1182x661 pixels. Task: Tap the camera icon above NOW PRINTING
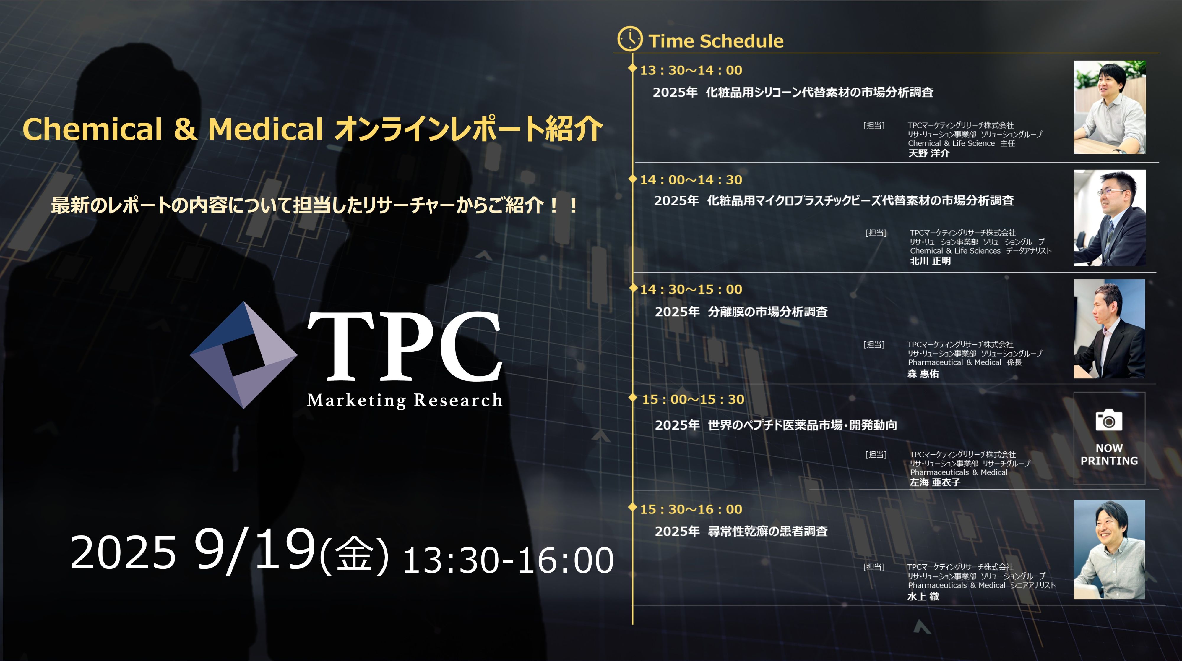point(1109,420)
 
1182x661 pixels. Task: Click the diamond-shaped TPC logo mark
point(244,355)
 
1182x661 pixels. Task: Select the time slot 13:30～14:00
point(691,70)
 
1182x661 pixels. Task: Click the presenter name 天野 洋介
point(929,153)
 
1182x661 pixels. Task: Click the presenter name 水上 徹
point(923,596)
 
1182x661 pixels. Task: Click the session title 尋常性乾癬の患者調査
point(768,532)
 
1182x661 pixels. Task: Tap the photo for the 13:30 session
point(1110,107)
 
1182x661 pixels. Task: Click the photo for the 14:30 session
point(1109,329)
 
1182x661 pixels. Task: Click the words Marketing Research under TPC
point(405,400)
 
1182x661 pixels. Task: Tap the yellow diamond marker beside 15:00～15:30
point(633,398)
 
